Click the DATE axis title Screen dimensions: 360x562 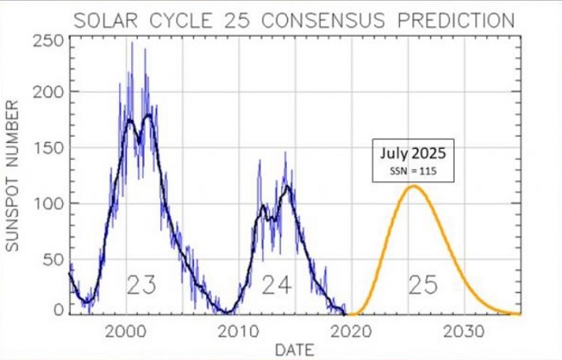pos(294,349)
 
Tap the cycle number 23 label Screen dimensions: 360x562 pos(141,285)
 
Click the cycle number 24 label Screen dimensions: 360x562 pos(277,285)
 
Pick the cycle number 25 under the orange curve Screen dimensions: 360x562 pos(422,285)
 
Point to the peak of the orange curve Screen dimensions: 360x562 pos(414,186)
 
